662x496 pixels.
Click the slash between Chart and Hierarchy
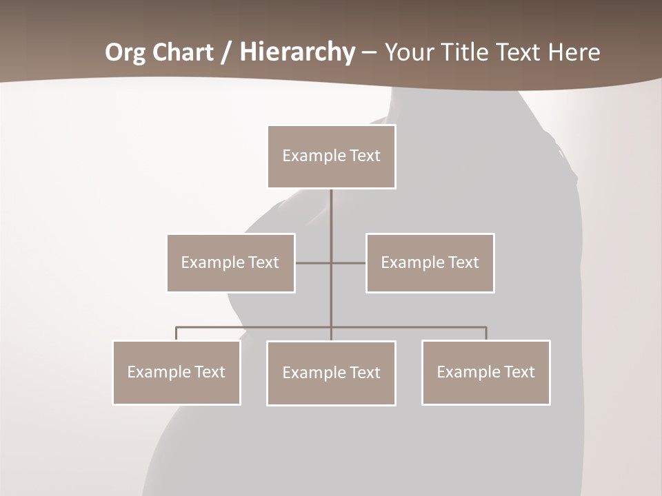pos(226,52)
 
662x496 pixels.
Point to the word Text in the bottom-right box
pos(519,372)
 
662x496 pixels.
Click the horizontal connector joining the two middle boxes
pos(314,263)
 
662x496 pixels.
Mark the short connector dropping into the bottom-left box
pos(177,333)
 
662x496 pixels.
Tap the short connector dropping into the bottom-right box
pos(486,333)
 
